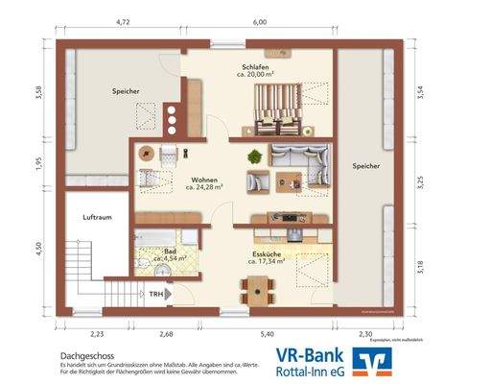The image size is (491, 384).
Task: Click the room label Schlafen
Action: pos(255,63)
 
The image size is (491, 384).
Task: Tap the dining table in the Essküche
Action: pos(256,287)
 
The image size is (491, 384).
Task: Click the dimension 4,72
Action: pos(122,20)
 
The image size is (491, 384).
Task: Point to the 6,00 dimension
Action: pos(260,20)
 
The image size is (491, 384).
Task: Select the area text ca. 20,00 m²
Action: pos(256,73)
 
